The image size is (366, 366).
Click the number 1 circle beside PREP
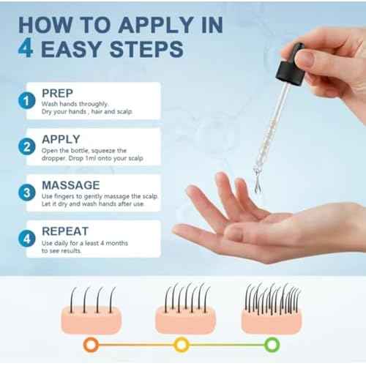(x=27, y=100)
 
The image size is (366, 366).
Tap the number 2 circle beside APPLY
(x=27, y=146)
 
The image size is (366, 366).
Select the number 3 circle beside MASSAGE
(x=27, y=193)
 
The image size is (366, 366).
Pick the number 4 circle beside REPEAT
(x=27, y=239)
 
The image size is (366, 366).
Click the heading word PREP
(x=57, y=93)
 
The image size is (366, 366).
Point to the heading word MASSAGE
(x=71, y=185)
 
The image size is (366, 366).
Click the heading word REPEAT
(x=65, y=231)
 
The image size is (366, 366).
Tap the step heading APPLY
(x=61, y=139)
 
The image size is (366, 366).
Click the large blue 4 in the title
(x=26, y=48)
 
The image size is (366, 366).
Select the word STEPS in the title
(x=146, y=49)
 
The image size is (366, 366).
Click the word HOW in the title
(x=45, y=25)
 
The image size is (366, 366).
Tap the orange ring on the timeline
(x=91, y=345)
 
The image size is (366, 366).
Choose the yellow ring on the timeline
(x=182, y=345)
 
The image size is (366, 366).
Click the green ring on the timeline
(x=272, y=345)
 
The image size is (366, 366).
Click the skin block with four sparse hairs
(x=91, y=310)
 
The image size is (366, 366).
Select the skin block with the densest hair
(x=272, y=308)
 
